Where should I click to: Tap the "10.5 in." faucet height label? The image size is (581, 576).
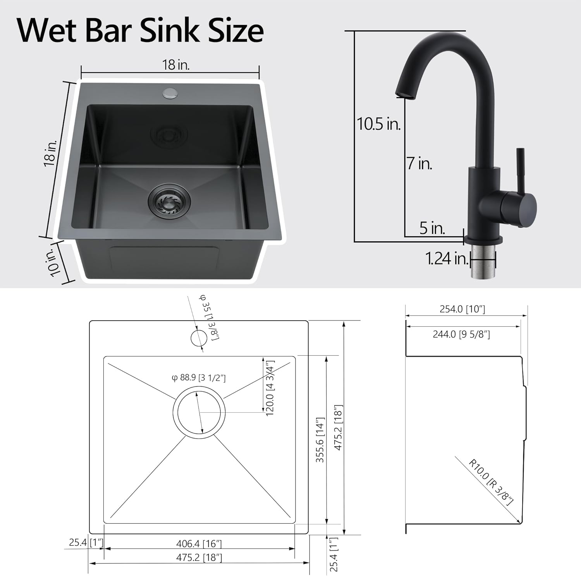pyautogui.click(x=378, y=124)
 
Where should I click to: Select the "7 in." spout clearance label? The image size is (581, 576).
pyautogui.click(x=419, y=163)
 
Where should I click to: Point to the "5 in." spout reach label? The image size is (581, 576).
pyautogui.click(x=432, y=228)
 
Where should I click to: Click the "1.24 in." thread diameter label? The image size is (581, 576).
pyautogui.click(x=447, y=259)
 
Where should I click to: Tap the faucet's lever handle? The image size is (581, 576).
pyautogui.click(x=520, y=170)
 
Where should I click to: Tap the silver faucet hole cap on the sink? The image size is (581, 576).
pyautogui.click(x=169, y=93)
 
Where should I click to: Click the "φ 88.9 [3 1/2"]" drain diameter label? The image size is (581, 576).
pyautogui.click(x=199, y=377)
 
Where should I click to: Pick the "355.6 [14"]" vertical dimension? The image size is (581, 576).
pyautogui.click(x=320, y=440)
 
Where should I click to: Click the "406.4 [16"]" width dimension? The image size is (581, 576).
pyautogui.click(x=199, y=544)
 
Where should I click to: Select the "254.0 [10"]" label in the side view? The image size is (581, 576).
pyautogui.click(x=462, y=309)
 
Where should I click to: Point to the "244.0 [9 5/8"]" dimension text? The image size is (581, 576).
pyautogui.click(x=461, y=334)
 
